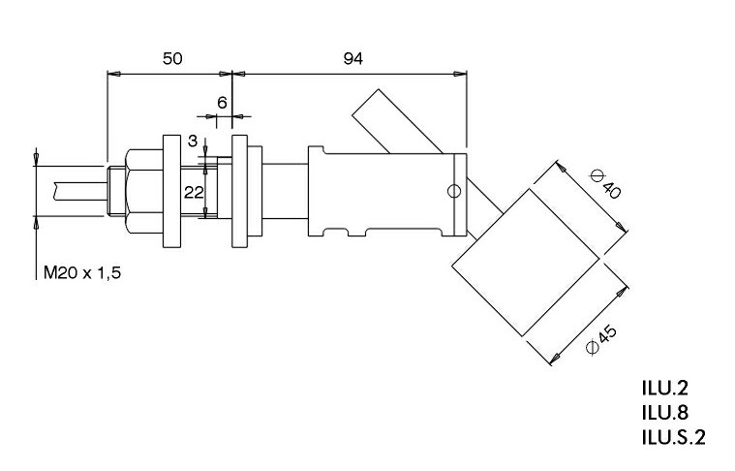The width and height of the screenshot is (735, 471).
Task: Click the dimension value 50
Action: click(x=171, y=59)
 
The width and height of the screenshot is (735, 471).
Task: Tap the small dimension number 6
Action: click(x=222, y=102)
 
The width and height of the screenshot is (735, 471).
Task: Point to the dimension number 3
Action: click(x=193, y=141)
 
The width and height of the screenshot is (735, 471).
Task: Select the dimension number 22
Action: click(x=194, y=192)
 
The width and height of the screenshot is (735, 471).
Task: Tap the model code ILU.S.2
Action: click(x=673, y=436)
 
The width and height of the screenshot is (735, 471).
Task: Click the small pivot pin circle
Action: click(x=452, y=190)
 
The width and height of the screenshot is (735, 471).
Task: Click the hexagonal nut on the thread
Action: click(x=140, y=191)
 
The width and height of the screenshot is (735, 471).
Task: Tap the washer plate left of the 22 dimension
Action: click(x=172, y=191)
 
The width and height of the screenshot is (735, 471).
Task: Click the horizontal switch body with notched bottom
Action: click(x=387, y=192)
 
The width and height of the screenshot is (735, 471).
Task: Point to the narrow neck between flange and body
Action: click(x=285, y=192)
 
